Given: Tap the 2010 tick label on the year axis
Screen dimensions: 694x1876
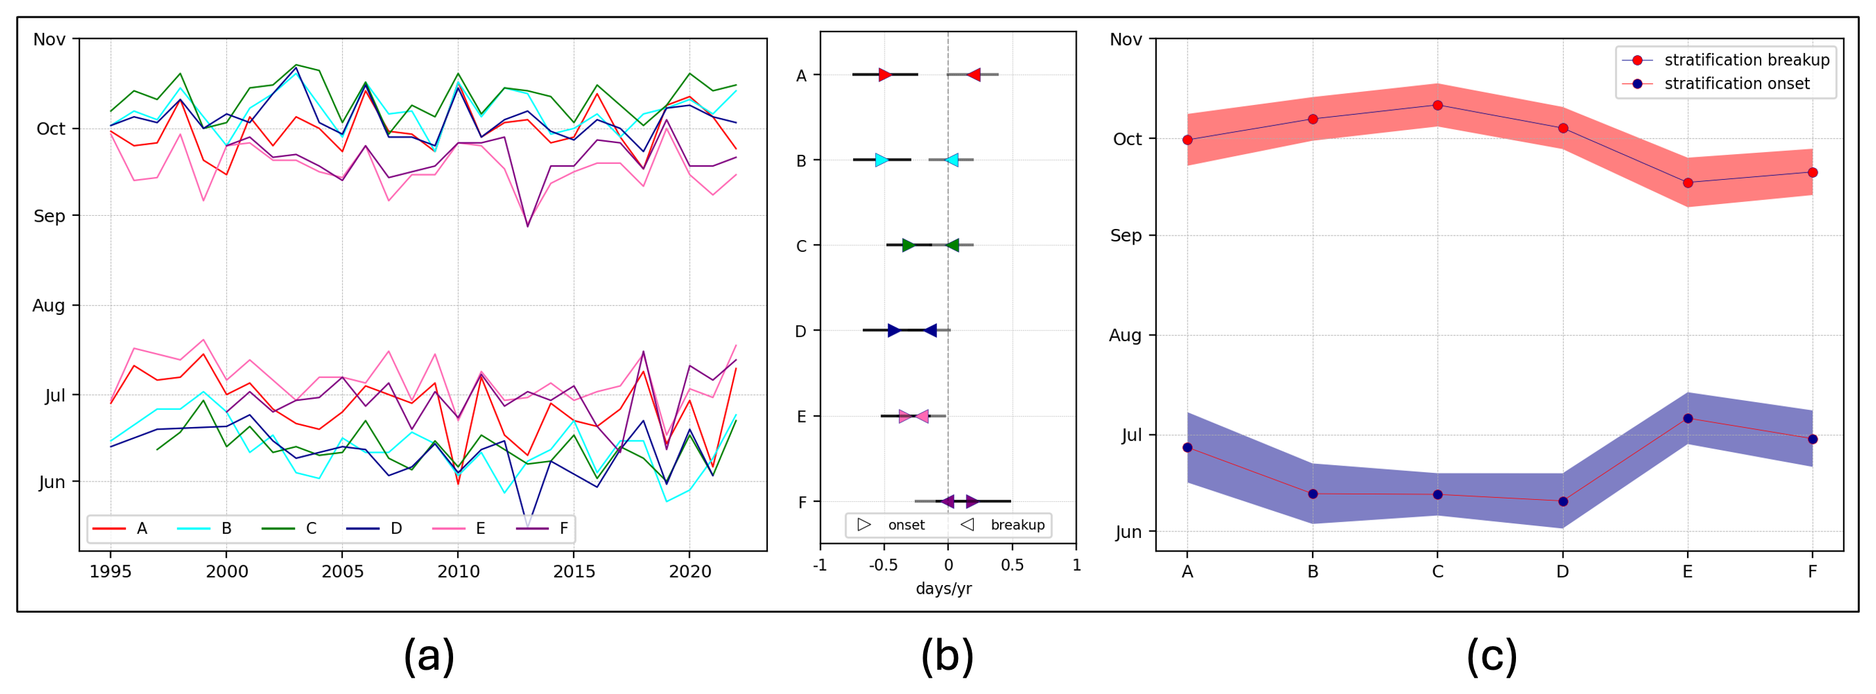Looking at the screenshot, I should point(458,571).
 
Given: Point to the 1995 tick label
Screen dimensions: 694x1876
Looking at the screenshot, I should point(111,571).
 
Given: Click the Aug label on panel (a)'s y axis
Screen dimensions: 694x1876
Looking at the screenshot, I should point(49,306).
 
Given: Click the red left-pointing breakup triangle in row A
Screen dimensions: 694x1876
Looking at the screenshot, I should point(974,74).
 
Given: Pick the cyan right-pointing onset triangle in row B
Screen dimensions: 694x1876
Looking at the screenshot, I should point(881,160).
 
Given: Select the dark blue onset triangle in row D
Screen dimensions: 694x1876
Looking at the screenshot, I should point(894,331).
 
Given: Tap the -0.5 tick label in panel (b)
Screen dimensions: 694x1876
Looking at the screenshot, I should point(883,565).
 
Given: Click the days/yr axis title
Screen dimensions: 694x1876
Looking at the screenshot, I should point(944,588).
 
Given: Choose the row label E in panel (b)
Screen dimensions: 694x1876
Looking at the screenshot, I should point(801,417).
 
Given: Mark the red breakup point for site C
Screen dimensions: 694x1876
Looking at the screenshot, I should point(1437,106).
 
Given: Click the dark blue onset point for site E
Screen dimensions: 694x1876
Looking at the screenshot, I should point(1688,418).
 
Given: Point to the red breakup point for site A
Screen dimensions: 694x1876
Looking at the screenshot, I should point(1187,140).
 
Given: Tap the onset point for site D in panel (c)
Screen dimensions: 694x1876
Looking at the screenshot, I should point(1563,502).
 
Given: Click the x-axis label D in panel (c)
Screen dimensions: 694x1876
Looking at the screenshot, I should point(1563,571).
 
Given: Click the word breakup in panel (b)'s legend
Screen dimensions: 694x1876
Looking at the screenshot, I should point(1018,525).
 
